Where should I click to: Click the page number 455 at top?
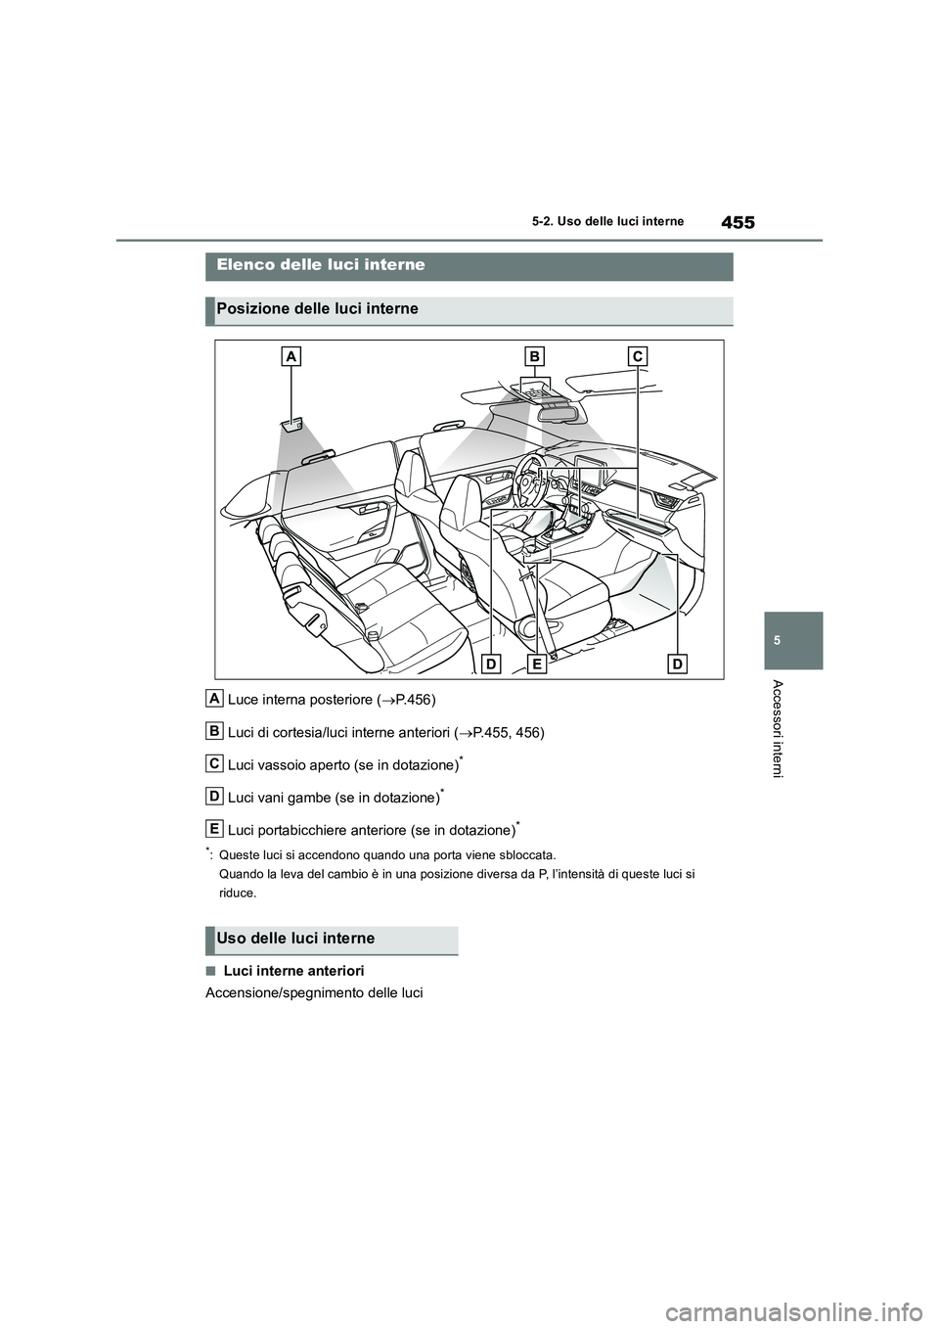[738, 223]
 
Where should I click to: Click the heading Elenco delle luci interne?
[320, 265]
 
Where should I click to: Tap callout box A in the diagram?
[291, 359]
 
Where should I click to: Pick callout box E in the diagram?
[537, 664]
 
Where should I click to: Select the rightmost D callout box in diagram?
[677, 664]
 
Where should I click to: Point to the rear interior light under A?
[291, 425]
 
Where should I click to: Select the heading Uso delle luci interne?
[296, 939]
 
